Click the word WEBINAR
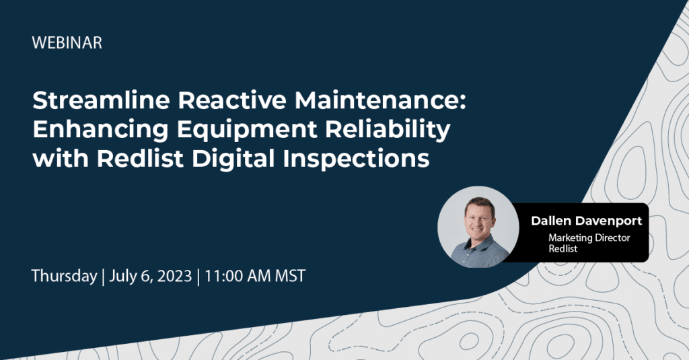pos(67,43)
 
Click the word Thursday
pos(64,277)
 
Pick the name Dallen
pos(550,220)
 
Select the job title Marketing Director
pos(588,238)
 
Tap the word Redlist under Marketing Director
pos(563,249)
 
